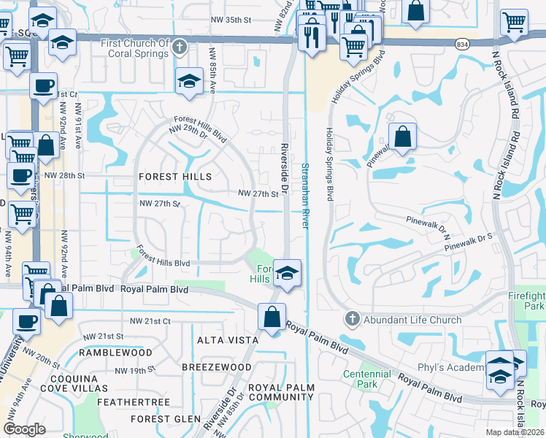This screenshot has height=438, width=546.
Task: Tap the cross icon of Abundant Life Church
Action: (x=352, y=319)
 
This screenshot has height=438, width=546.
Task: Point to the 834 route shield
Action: (x=463, y=44)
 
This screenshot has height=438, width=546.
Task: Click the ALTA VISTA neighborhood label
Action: (x=228, y=340)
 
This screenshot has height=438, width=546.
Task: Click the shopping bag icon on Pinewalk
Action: (x=402, y=137)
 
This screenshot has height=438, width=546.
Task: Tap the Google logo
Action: (x=24, y=429)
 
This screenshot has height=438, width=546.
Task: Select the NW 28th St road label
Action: (x=64, y=176)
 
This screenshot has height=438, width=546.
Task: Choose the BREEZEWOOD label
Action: (x=207, y=366)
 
